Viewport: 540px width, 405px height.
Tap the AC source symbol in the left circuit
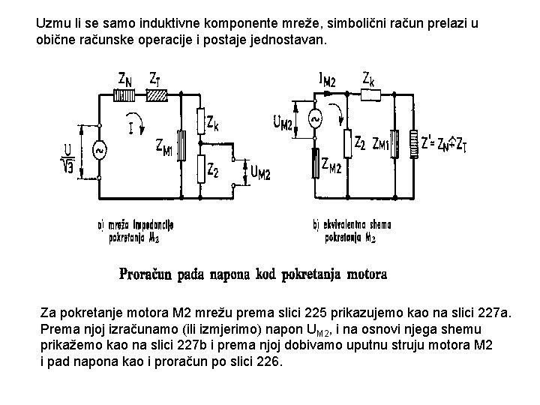[99, 151]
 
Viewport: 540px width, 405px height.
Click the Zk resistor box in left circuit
[200, 120]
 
